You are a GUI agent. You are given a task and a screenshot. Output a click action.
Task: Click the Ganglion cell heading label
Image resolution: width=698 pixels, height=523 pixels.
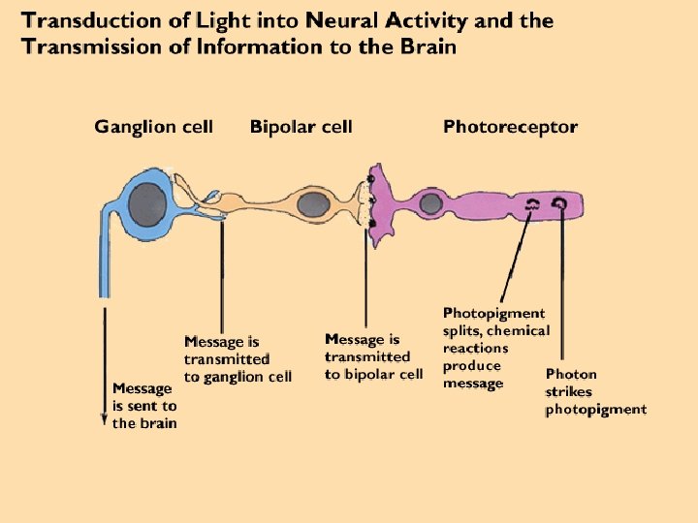point(153,127)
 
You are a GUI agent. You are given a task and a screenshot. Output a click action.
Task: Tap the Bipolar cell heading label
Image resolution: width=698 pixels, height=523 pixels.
point(301,127)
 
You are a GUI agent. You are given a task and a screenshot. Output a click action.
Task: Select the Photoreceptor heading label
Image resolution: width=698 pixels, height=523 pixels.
point(511,127)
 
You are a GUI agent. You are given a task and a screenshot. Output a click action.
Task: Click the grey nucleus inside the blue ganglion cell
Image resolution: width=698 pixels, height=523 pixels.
point(147,205)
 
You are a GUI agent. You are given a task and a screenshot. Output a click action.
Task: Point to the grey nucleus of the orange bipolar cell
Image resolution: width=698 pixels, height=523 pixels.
point(313,205)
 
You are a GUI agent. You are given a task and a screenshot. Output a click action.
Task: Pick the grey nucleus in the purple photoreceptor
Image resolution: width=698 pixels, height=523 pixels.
point(430,203)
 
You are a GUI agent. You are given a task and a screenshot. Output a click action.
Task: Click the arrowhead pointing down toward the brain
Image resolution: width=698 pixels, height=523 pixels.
point(104,419)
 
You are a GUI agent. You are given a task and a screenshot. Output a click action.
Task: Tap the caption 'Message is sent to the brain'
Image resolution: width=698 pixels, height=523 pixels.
point(144,406)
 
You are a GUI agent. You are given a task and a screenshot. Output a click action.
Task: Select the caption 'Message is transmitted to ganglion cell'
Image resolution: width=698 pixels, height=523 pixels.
point(238,359)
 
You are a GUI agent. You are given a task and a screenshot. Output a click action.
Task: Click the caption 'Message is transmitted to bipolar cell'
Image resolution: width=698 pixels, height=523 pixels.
point(373,356)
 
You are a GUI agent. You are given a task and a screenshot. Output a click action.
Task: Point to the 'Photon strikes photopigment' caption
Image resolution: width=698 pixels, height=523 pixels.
point(595,392)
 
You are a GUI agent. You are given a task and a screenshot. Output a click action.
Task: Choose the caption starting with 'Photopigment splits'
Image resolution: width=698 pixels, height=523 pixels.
point(496,349)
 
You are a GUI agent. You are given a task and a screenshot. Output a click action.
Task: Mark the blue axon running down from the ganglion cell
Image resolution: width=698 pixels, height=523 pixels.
point(104,251)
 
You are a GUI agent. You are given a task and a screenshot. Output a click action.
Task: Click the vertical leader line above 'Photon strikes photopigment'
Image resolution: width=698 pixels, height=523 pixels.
point(562,284)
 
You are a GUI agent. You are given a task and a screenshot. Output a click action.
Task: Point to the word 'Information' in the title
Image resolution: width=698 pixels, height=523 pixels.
point(259,46)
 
